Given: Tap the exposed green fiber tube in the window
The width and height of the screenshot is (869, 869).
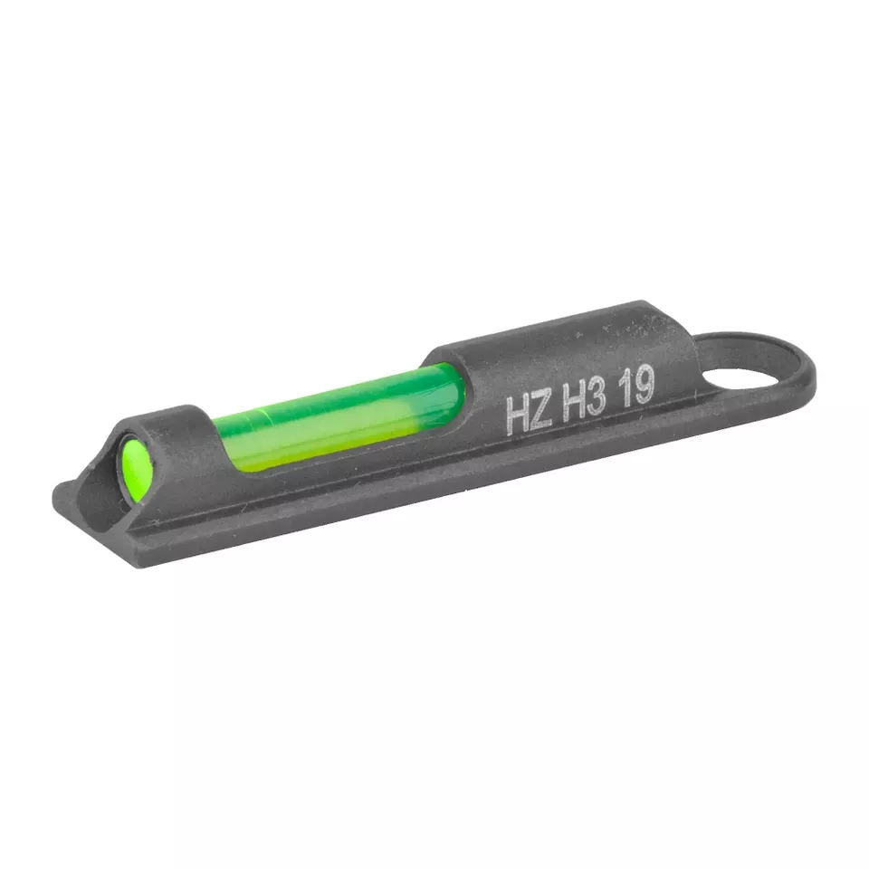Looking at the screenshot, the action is (x=339, y=416).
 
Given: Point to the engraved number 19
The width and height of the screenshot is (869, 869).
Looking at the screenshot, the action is (x=636, y=387).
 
